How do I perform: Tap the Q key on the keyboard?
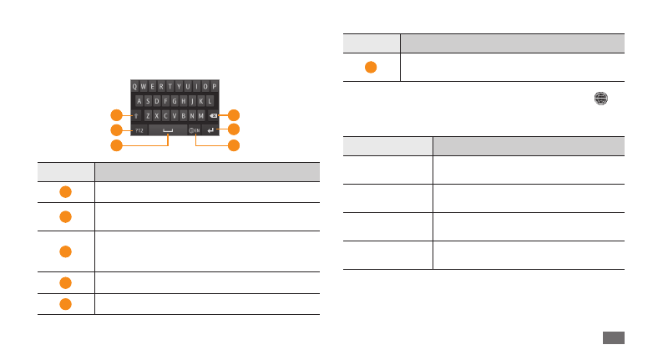pyautogui.click(x=135, y=86)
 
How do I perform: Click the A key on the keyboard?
pyautogui.click(x=139, y=100)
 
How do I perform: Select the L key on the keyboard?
pyautogui.click(x=210, y=100)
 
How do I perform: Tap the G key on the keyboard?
pyautogui.click(x=175, y=100)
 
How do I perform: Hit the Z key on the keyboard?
pyautogui.click(x=148, y=115)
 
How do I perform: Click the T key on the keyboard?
pyautogui.click(x=170, y=86)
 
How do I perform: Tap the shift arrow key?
pyautogui.click(x=136, y=115)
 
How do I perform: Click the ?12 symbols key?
pyautogui.click(x=139, y=130)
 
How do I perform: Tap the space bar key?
pyautogui.click(x=169, y=130)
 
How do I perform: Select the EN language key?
pyautogui.click(x=195, y=130)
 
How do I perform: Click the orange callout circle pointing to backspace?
pyautogui.click(x=235, y=115)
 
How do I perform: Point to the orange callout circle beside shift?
pyautogui.click(x=116, y=115)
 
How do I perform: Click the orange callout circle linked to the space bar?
pyautogui.click(x=116, y=146)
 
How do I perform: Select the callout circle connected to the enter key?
pyautogui.click(x=235, y=130)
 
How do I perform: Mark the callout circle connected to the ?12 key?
pyautogui.click(x=116, y=130)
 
